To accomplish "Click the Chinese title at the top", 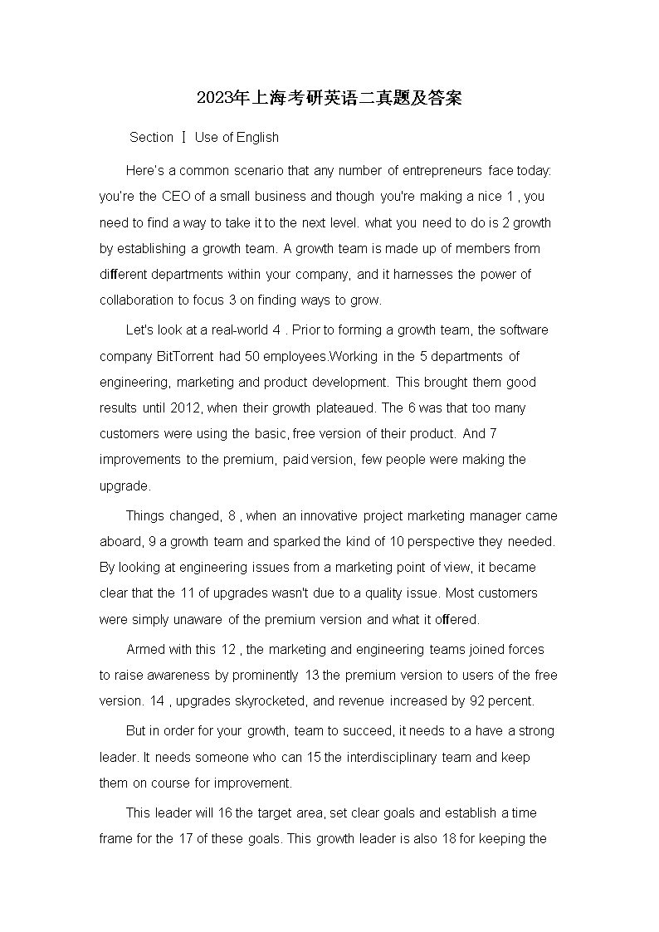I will pyautogui.click(x=329, y=99).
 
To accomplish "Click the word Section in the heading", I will pyautogui.click(x=151, y=138).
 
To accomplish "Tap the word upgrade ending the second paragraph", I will pyautogui.click(x=124, y=486).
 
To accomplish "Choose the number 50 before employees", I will pyautogui.click(x=253, y=356).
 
